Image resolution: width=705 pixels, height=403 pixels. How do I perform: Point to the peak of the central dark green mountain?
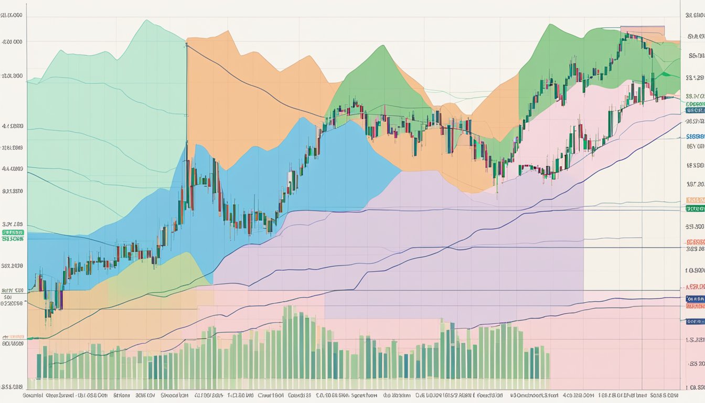pyautogui.click(x=382, y=47)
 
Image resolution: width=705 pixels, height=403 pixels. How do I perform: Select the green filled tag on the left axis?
pyautogui.click(x=13, y=232)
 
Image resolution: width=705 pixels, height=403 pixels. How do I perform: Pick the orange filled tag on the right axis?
pyautogui.click(x=695, y=200)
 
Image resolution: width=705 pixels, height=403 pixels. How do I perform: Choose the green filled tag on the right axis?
pyautogui.click(x=695, y=208)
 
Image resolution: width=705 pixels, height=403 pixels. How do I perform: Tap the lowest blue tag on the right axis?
pyautogui.click(x=695, y=321)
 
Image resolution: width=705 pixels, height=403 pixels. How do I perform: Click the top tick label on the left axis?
pyautogui.click(x=13, y=16)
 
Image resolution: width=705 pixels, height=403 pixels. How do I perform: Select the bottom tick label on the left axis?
pyautogui.click(x=13, y=386)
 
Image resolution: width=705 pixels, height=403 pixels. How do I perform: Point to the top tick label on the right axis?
pyautogui.click(x=695, y=16)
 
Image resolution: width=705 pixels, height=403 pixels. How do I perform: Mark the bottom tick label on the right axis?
pyautogui.click(x=695, y=387)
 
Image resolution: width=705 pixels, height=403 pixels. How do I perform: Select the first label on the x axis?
pyautogui.click(x=33, y=395)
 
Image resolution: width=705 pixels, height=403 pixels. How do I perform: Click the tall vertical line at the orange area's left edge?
pyautogui.click(x=186, y=94)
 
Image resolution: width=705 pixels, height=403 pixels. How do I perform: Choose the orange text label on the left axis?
pyautogui.click(x=13, y=336)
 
